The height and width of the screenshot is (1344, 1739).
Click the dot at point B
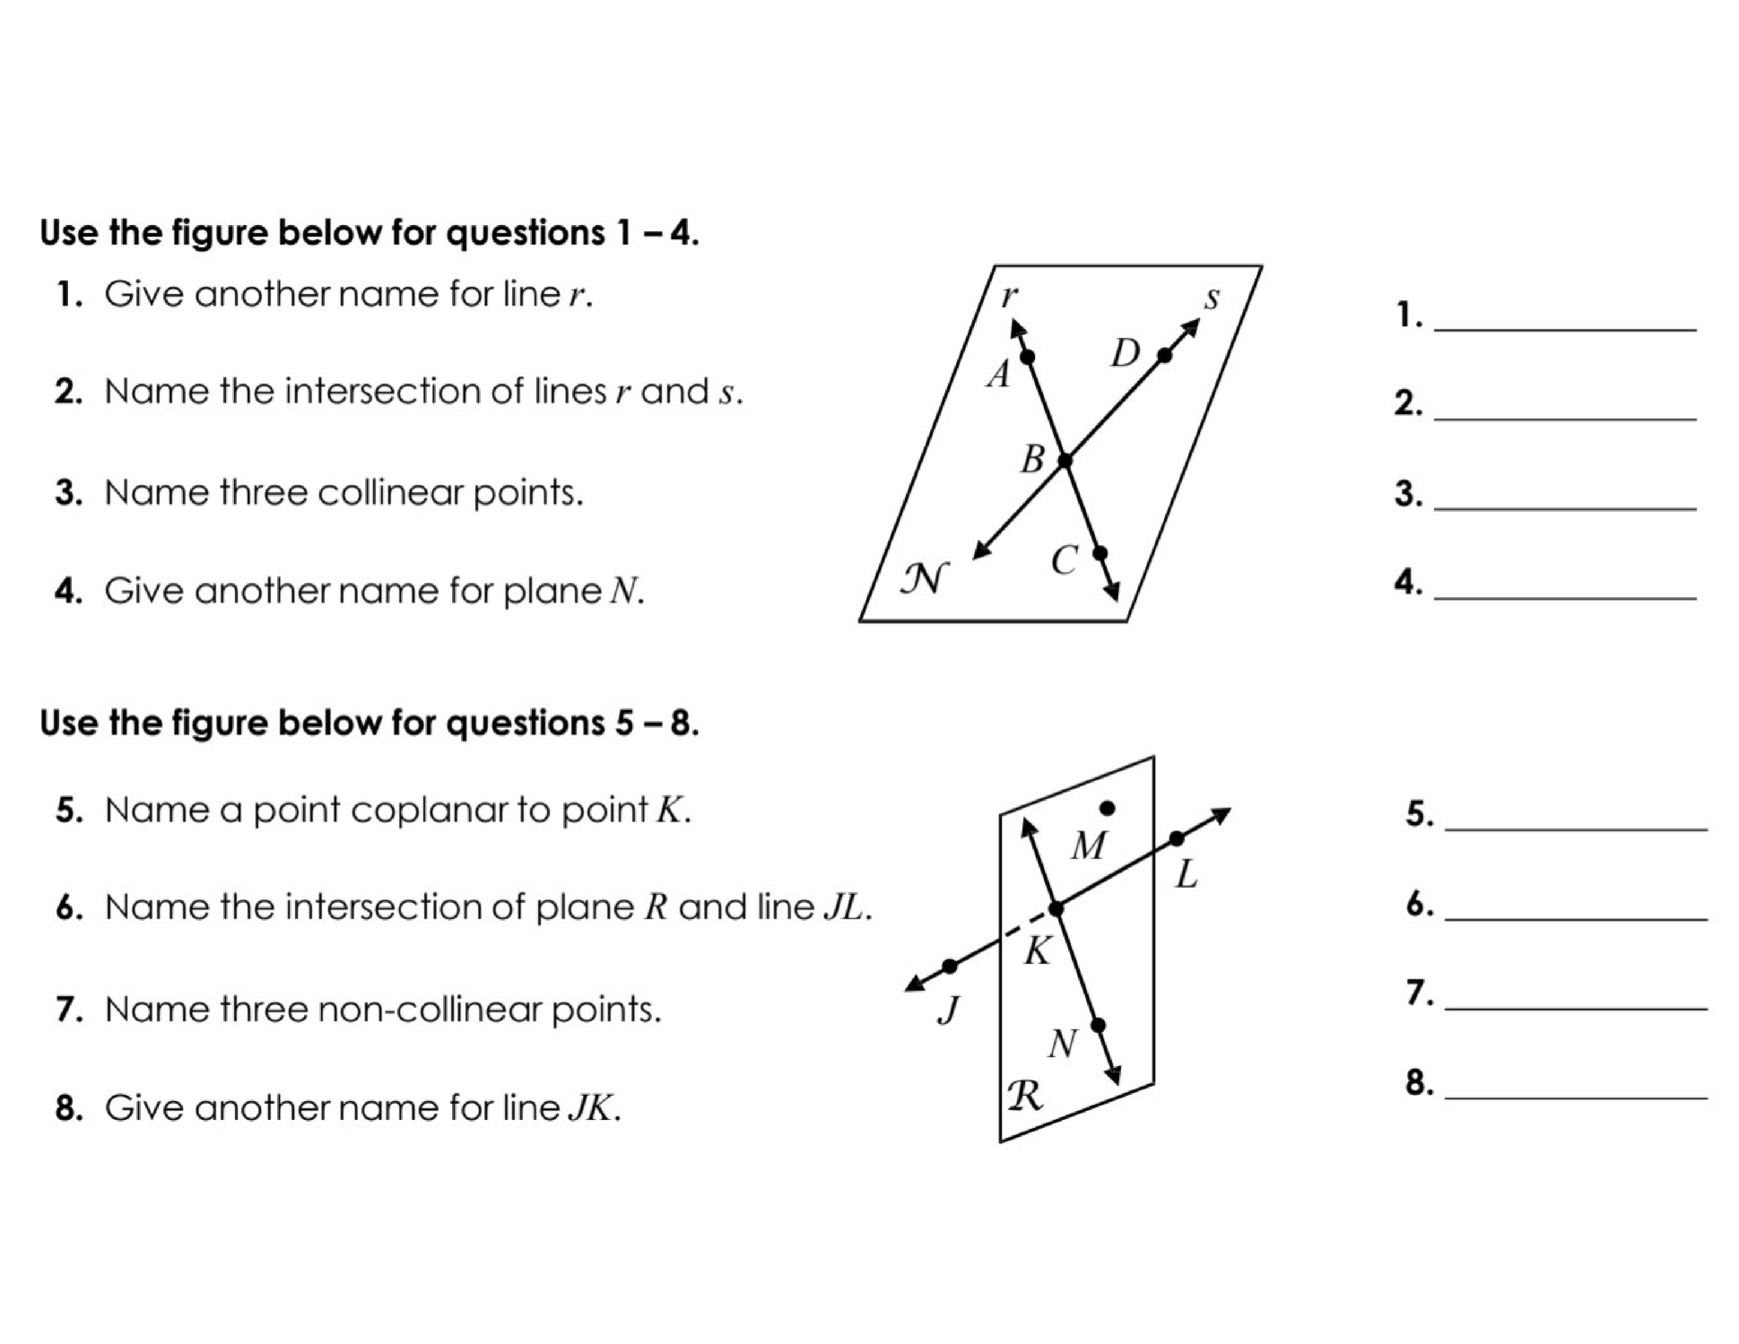1064,460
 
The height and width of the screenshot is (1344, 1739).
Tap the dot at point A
1028,357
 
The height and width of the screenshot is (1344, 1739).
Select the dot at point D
1164,355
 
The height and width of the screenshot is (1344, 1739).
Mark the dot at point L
1177,839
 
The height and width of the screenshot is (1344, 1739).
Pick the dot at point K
1056,909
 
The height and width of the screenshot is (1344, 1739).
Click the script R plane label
1025,1096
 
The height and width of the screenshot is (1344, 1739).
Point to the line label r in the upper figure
1008,296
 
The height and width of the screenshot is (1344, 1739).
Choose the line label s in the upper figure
1211,298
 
